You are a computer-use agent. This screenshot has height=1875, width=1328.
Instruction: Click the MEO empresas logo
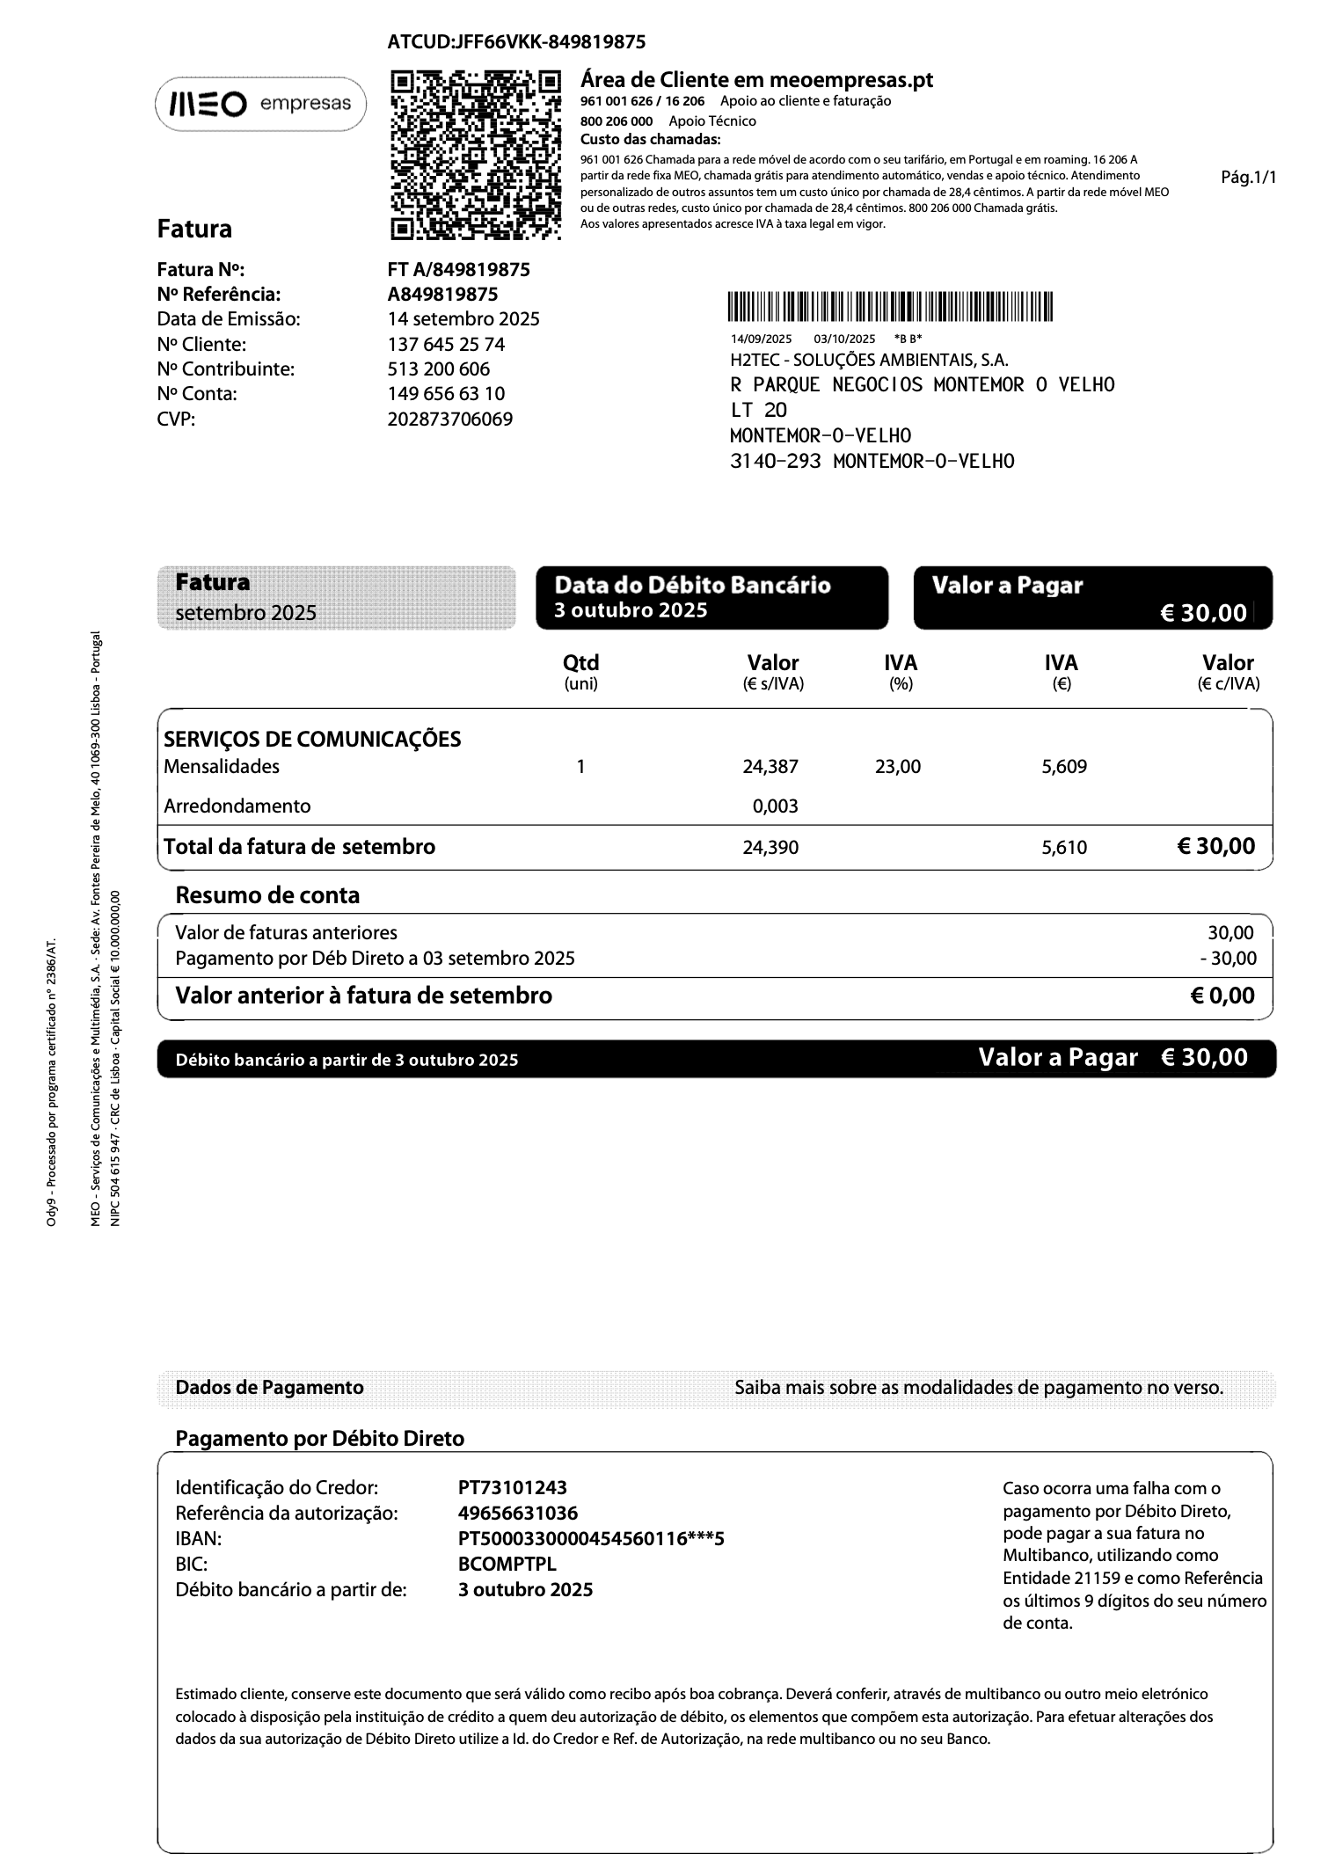260,105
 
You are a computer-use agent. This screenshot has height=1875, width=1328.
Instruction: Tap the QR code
475,155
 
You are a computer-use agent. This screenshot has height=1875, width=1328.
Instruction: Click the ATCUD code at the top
516,42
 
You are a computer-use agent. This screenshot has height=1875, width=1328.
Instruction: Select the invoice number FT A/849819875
458,270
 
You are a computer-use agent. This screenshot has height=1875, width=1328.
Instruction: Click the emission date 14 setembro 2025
463,319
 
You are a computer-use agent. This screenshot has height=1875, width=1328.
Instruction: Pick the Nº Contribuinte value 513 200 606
438,369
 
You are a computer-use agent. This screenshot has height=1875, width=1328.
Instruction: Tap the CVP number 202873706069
449,420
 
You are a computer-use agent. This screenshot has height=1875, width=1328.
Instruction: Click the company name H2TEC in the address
869,360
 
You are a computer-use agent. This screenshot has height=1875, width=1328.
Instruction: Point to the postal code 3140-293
775,461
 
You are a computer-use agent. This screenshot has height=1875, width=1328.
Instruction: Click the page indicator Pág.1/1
1248,178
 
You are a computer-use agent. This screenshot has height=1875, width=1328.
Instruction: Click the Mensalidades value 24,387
770,767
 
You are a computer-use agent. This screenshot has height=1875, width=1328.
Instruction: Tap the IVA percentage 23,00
898,767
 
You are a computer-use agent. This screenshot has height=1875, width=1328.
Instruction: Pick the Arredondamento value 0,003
775,806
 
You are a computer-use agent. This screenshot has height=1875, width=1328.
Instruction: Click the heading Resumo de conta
267,896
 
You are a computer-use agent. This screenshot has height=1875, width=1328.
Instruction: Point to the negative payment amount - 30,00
1228,959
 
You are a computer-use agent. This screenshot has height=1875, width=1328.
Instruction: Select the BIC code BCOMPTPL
507,1565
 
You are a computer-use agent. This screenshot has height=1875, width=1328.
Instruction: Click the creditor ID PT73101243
512,1488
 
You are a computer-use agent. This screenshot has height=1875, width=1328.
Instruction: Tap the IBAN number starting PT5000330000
590,1539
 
